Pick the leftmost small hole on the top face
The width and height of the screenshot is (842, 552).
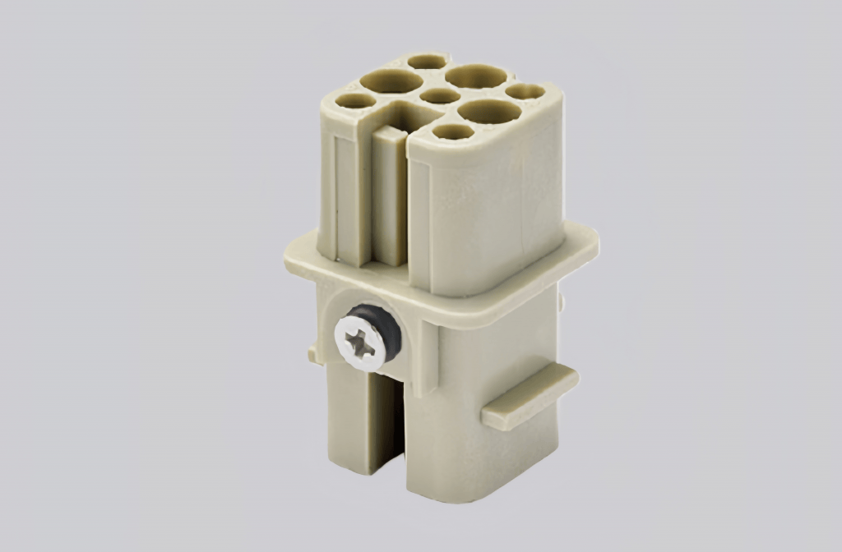point(355,101)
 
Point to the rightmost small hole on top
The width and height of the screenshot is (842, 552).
point(525,91)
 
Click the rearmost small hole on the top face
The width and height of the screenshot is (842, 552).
point(427,62)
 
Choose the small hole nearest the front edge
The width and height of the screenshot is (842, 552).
point(453,131)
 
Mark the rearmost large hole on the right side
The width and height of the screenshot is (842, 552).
point(475,76)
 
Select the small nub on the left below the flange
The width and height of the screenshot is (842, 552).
point(313,355)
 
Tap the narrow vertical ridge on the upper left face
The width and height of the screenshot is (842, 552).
point(340,197)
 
